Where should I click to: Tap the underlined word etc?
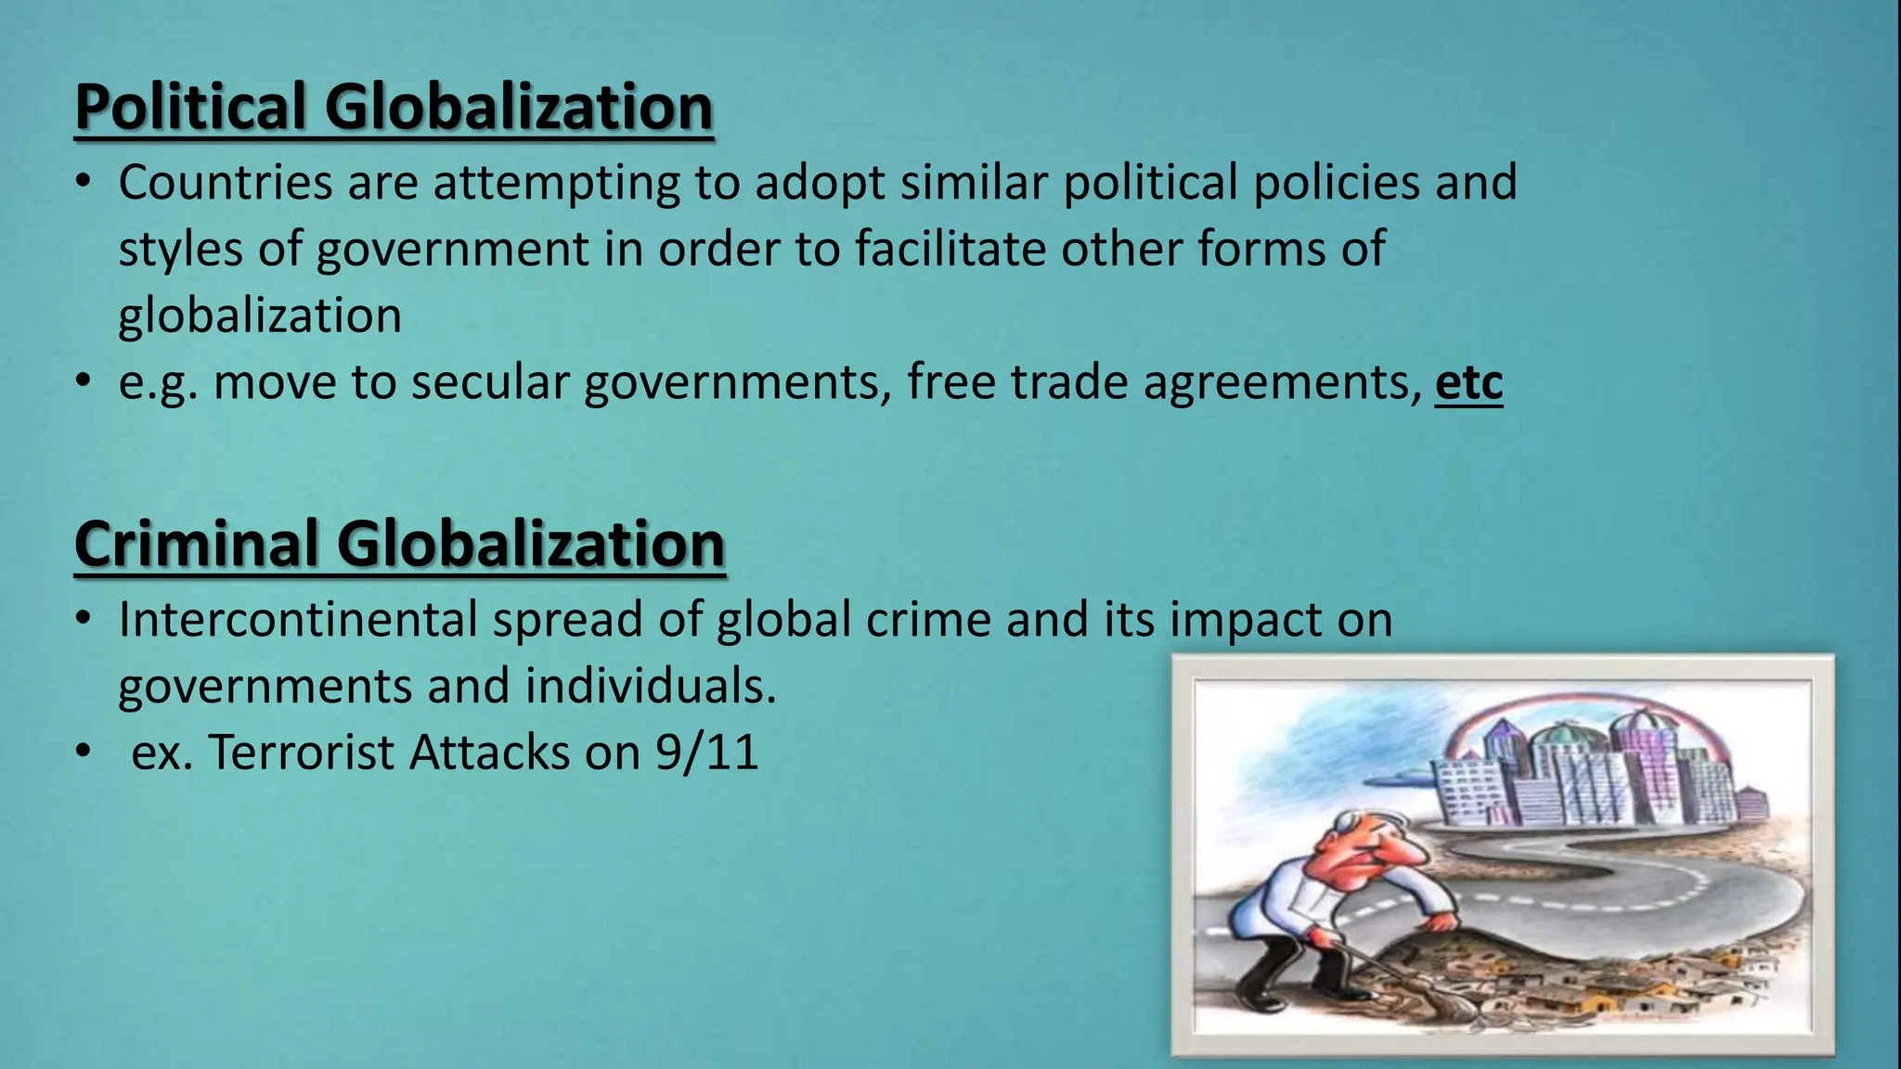tap(1468, 382)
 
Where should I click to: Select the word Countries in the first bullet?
tap(225, 182)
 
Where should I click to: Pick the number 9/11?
tap(706, 752)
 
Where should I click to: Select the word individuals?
tap(650, 686)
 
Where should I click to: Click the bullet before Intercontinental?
tap(84, 619)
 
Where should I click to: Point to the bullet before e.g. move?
tap(84, 381)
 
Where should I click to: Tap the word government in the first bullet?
tap(453, 249)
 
